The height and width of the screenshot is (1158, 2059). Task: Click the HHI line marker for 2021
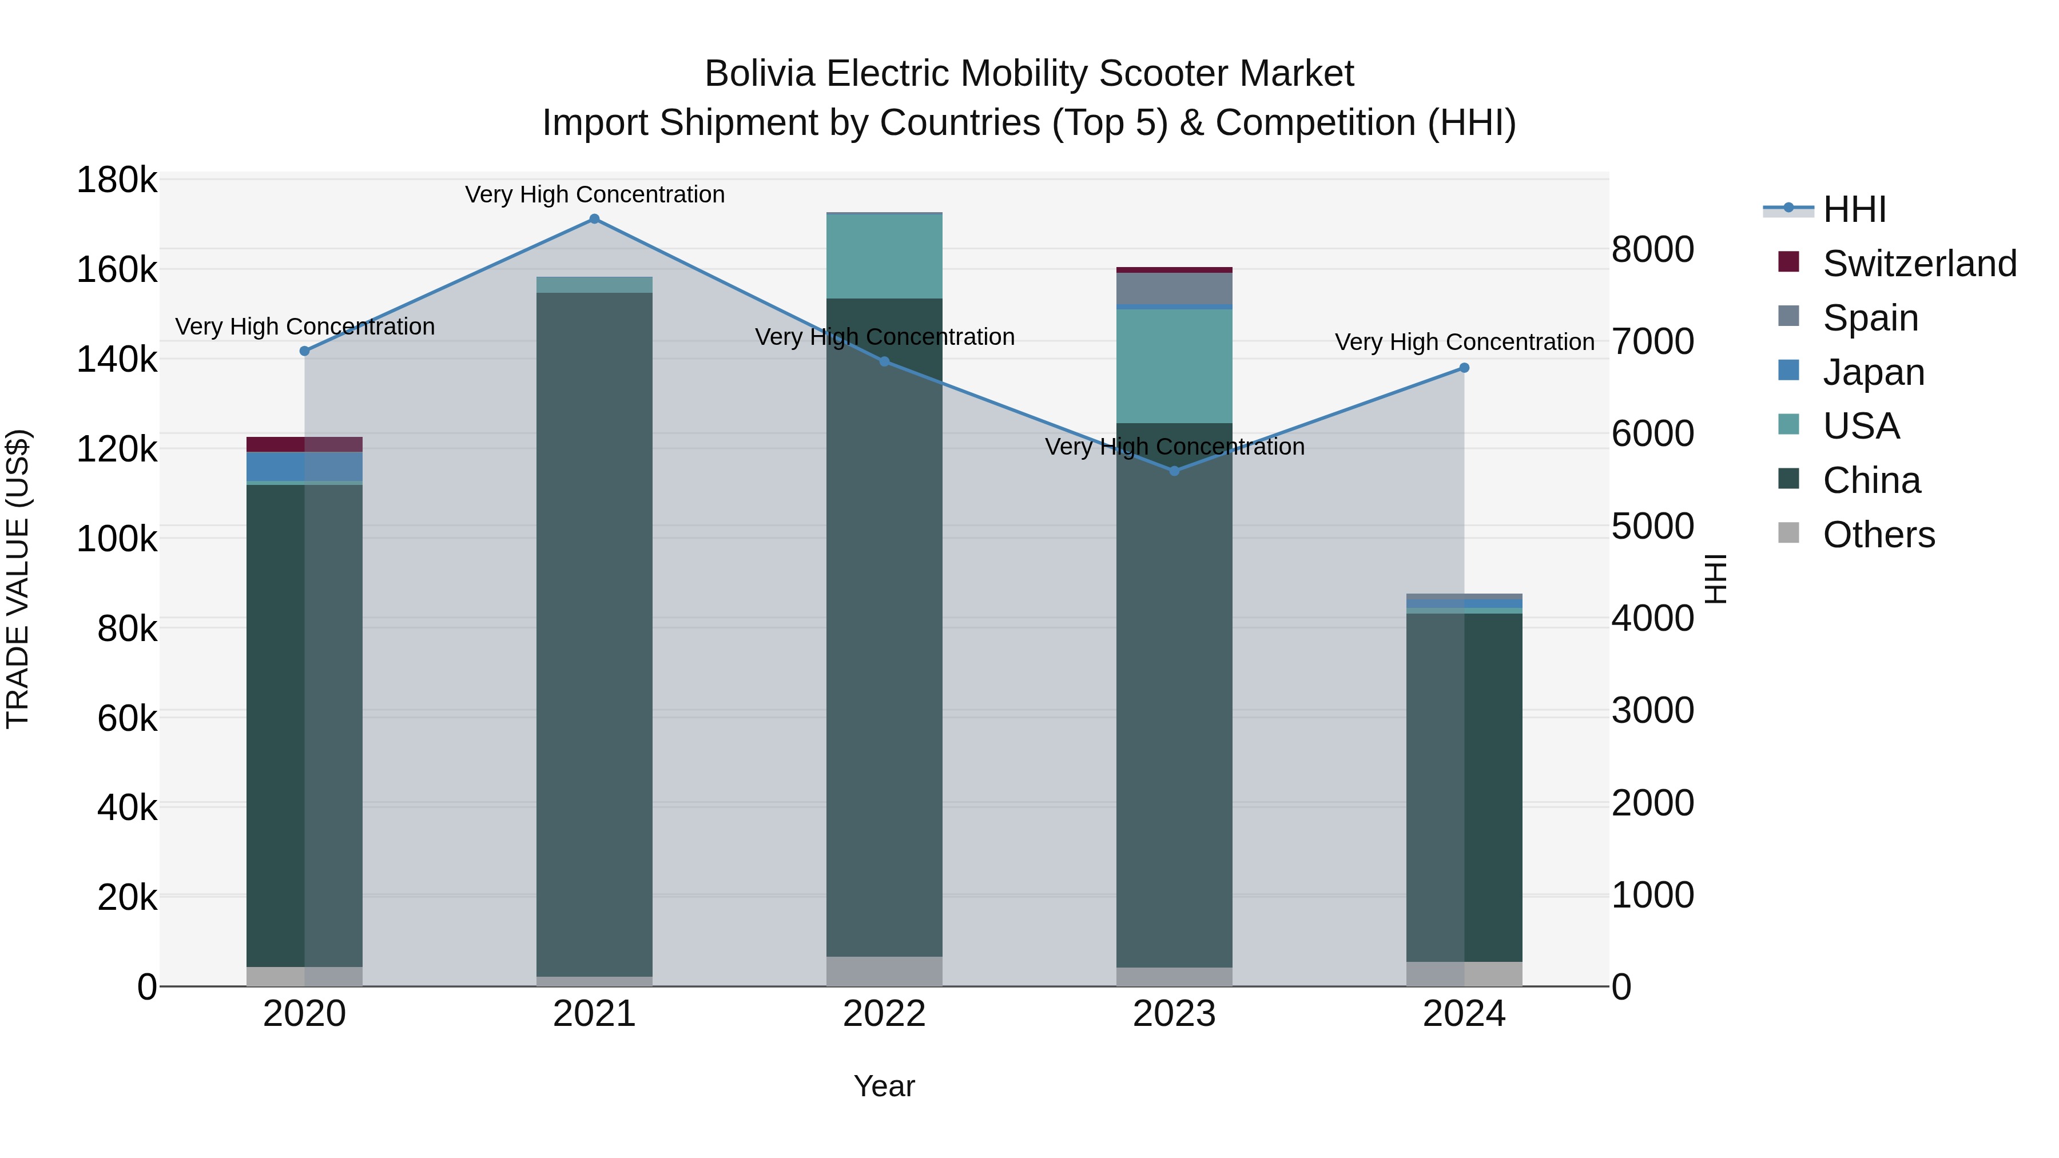pyautogui.click(x=594, y=219)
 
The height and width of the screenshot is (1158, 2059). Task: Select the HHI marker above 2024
pyautogui.click(x=1464, y=368)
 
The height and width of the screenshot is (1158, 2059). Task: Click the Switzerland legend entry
pyautogui.click(x=1919, y=264)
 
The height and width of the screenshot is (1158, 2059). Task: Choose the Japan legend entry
pyautogui.click(x=1873, y=372)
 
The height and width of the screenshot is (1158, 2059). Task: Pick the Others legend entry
pyautogui.click(x=1878, y=535)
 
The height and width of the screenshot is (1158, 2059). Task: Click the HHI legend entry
pyautogui.click(x=1854, y=209)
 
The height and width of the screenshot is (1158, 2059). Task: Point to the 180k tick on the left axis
pyautogui.click(x=117, y=181)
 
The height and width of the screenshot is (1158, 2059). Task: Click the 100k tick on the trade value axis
pyautogui.click(x=117, y=539)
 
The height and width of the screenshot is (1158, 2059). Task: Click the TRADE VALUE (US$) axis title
pyautogui.click(x=18, y=579)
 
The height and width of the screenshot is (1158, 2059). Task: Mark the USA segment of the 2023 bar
pyautogui.click(x=1174, y=365)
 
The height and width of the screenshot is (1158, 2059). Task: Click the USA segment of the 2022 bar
pyautogui.click(x=884, y=256)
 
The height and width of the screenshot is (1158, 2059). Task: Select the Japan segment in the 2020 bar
pyautogui.click(x=304, y=467)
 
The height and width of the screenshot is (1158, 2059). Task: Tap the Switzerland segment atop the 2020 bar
pyautogui.click(x=304, y=444)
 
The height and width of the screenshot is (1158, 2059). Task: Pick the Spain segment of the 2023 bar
pyautogui.click(x=1174, y=289)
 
